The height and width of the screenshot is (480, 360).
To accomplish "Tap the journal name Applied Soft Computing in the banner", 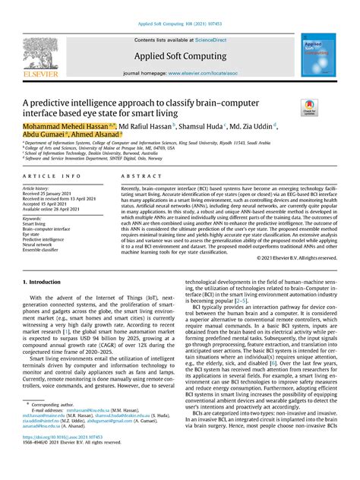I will pyautogui.click(x=178, y=57).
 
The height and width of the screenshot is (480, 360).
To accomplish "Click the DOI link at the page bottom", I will pyautogui.click(x=63, y=459).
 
